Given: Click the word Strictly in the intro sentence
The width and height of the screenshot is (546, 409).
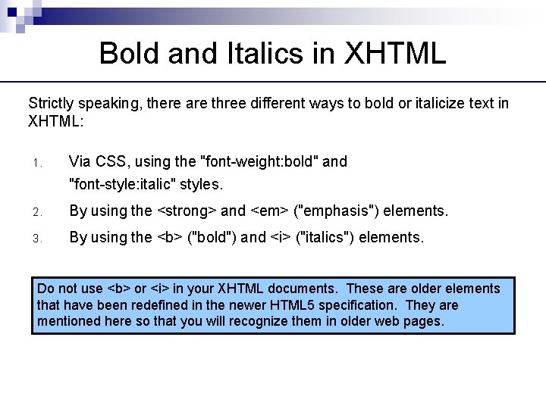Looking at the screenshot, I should [x=49, y=103].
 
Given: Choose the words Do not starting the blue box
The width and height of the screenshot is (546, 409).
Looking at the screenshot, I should [x=56, y=289].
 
